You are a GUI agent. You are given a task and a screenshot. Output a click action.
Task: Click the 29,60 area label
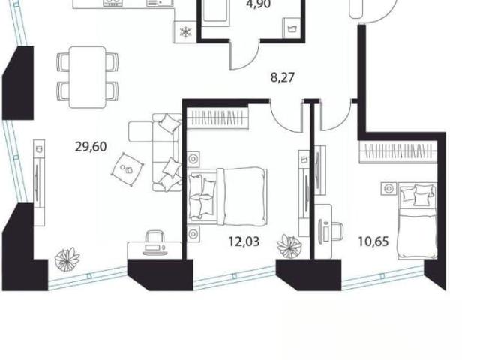click(91, 147)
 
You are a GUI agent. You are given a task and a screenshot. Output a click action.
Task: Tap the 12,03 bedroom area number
click(244, 241)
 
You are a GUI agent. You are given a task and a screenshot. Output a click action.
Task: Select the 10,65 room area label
click(373, 241)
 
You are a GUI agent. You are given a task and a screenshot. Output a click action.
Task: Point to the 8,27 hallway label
click(283, 77)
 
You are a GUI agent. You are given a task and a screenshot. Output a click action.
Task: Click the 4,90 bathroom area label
click(258, 4)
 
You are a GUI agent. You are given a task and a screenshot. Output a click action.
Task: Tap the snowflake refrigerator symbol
click(185, 31)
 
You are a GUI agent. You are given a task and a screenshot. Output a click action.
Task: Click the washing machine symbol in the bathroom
click(292, 29)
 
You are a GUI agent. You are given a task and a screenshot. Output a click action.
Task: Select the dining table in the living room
click(88, 77)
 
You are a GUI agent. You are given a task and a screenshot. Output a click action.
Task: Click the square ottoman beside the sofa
click(127, 169)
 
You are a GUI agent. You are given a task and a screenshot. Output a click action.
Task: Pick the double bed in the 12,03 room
click(228, 195)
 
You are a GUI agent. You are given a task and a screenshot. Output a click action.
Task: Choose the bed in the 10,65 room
click(417, 220)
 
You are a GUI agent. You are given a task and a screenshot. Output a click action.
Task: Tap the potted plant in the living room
click(67, 259)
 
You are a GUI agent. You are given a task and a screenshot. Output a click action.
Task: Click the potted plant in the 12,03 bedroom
click(289, 246)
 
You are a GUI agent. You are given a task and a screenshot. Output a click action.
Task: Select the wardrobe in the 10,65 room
click(397, 151)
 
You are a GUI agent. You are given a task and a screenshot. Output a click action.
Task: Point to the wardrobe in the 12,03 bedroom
click(217, 118)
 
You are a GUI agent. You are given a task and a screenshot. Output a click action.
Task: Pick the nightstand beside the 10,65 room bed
click(388, 188)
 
